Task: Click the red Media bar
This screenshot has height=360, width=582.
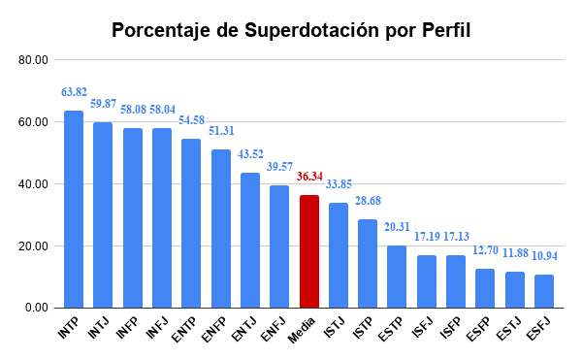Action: coord(308,251)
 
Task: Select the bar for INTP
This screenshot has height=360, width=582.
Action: coord(73,209)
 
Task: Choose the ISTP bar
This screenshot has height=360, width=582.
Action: coord(368,263)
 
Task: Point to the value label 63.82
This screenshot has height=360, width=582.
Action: coord(74,92)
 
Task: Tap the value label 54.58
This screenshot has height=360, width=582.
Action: coord(191,120)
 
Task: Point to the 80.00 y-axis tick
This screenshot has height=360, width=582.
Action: coord(33,60)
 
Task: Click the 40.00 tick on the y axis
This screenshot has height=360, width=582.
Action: coord(33,184)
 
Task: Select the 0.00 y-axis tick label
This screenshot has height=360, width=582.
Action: coord(36,308)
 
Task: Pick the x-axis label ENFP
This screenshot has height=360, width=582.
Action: coord(215,329)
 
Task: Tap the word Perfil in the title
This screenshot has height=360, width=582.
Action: coord(443,30)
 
